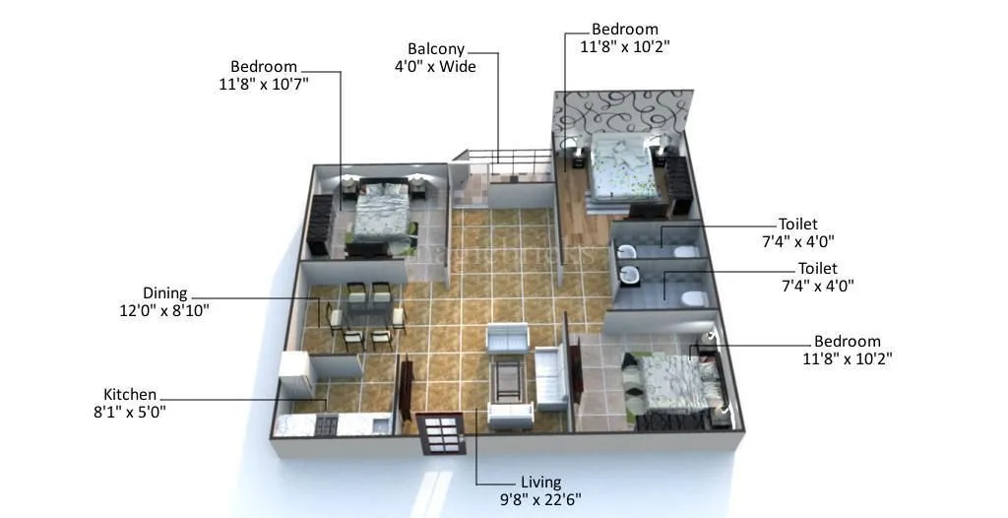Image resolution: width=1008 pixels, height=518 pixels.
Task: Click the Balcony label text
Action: [435, 48]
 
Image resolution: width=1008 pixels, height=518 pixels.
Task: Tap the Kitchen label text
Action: [129, 395]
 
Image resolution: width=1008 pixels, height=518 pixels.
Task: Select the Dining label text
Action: [163, 293]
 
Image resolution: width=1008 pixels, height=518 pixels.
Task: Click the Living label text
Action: [540, 483]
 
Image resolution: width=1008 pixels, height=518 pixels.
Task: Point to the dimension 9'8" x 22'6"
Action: [540, 498]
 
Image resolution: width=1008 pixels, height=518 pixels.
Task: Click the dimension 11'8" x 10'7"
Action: [263, 85]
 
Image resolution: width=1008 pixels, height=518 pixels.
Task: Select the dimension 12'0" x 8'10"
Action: [163, 310]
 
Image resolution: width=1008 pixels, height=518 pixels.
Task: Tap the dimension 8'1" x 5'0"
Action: [123, 412]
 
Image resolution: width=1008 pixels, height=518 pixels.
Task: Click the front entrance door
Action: [439, 432]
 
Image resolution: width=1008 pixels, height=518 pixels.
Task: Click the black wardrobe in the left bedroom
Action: [321, 226]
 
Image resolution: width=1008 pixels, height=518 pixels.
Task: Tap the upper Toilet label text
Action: [797, 225]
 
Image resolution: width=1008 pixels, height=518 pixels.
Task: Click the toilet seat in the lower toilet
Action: [691, 297]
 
